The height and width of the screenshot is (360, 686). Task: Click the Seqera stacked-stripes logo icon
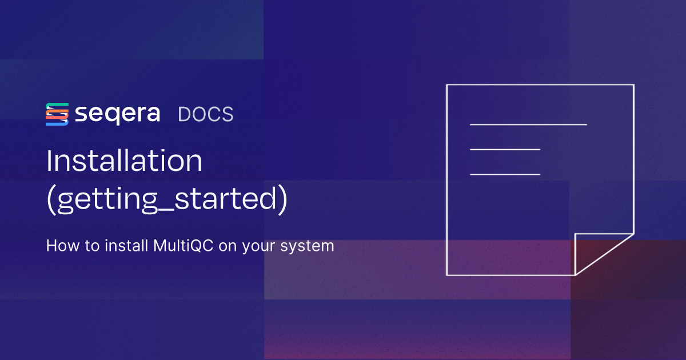pyautogui.click(x=57, y=114)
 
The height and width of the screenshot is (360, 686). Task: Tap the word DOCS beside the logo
pyautogui.click(x=206, y=114)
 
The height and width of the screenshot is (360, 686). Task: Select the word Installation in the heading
pyautogui.click(x=124, y=162)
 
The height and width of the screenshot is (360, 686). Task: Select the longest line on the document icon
pyautogui.click(x=528, y=124)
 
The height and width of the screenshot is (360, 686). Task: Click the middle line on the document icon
pyautogui.click(x=505, y=149)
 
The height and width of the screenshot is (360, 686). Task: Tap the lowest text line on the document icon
pyautogui.click(x=505, y=174)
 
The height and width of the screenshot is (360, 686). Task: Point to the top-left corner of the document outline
pyautogui.click(x=446, y=85)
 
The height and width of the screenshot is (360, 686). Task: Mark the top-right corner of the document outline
pyautogui.click(x=633, y=85)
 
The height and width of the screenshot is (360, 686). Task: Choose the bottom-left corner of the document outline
pyautogui.click(x=446, y=275)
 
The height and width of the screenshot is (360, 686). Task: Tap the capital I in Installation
pyautogui.click(x=49, y=162)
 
